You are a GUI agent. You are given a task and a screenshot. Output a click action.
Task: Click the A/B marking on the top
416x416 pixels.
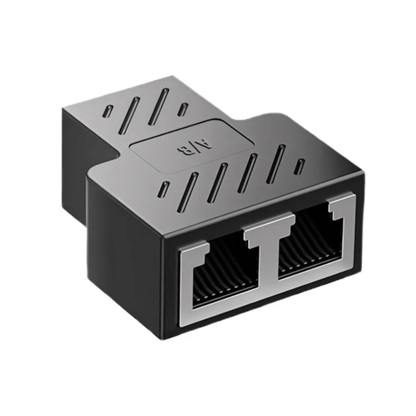pyautogui.click(x=194, y=147)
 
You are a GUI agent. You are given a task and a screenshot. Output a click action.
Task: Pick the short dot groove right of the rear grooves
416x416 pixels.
pyautogui.click(x=184, y=110)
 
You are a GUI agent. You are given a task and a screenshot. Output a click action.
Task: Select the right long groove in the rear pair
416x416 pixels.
pyautogui.click(x=159, y=107)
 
